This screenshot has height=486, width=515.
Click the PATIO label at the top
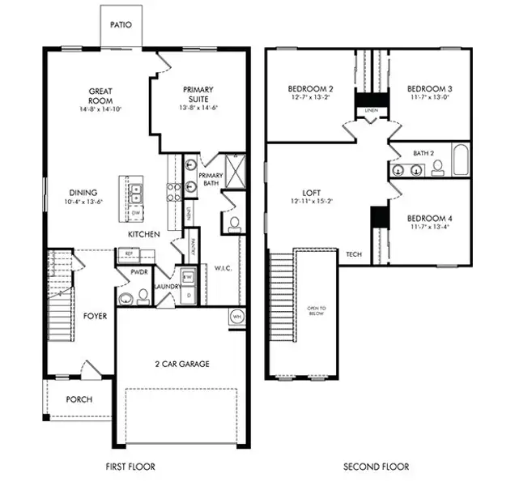point(123,25)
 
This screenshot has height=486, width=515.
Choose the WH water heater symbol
point(237,316)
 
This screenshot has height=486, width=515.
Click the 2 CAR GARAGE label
point(181,364)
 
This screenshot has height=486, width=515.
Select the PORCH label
point(79,399)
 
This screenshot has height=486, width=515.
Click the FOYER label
point(96,317)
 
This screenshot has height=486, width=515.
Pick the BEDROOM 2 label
point(310,88)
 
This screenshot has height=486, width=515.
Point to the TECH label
point(354,254)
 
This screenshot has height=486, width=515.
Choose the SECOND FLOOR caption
point(376,467)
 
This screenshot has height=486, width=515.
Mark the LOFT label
point(313,193)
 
